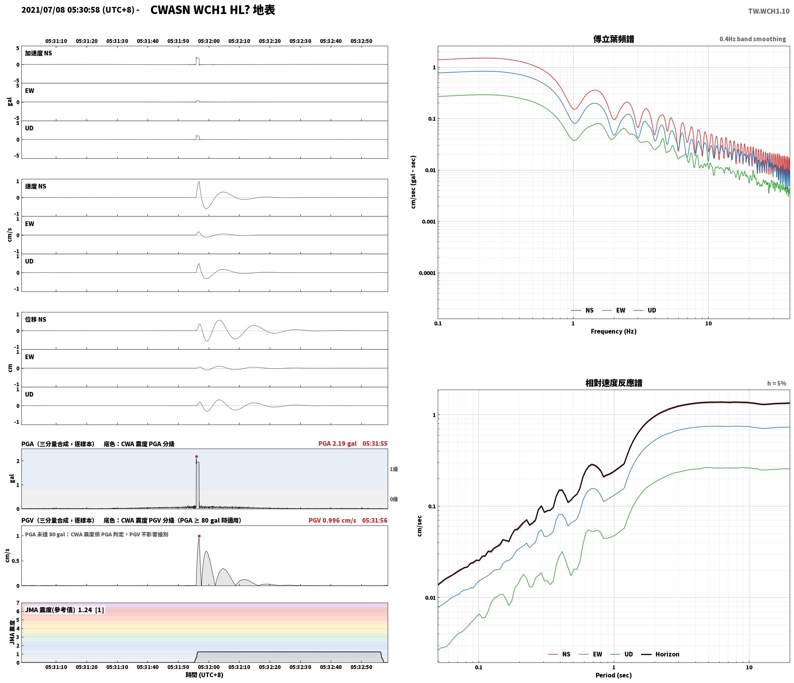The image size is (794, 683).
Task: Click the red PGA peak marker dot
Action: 196,456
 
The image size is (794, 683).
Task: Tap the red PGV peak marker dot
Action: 199,536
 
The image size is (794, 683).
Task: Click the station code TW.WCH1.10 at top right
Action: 769,11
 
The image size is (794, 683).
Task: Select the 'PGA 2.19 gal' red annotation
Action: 337,444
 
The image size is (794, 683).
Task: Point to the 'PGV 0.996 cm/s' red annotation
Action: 332,520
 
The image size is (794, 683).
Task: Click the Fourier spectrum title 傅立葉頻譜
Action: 614,39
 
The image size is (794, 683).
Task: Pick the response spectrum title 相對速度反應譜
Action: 614,383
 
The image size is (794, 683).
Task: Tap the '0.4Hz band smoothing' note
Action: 752,39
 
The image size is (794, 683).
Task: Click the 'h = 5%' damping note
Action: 777,383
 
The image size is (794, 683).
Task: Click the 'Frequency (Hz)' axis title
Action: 614,331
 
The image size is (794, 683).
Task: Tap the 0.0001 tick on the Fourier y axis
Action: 427,273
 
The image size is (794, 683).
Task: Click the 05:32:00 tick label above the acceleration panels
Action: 209,41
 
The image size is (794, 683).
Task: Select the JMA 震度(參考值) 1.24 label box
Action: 64,610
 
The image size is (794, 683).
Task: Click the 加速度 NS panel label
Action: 38,53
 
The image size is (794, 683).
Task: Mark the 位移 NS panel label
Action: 36,319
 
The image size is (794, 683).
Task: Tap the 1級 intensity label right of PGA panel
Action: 394,469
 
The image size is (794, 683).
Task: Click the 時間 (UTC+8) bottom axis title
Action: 205,675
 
